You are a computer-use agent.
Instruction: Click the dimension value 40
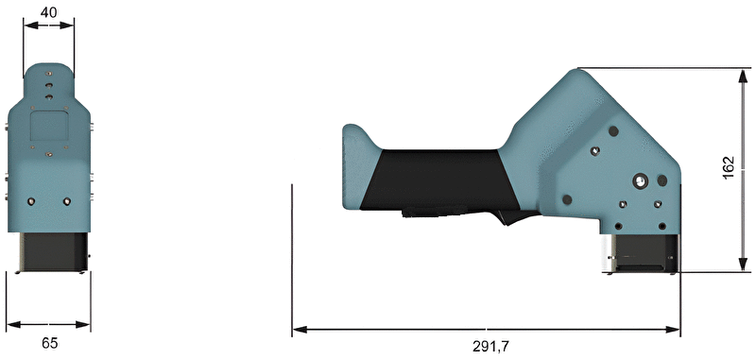click(48, 12)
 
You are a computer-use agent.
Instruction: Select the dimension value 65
click(50, 343)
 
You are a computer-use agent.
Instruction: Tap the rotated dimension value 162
click(729, 167)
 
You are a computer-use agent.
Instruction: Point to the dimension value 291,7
click(490, 347)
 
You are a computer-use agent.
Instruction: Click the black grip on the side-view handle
click(434, 180)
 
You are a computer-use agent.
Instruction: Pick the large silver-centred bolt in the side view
click(641, 181)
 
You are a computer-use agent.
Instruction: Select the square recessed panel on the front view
click(49, 127)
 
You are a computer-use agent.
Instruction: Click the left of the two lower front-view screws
click(31, 201)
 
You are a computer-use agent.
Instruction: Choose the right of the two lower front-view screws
click(66, 201)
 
